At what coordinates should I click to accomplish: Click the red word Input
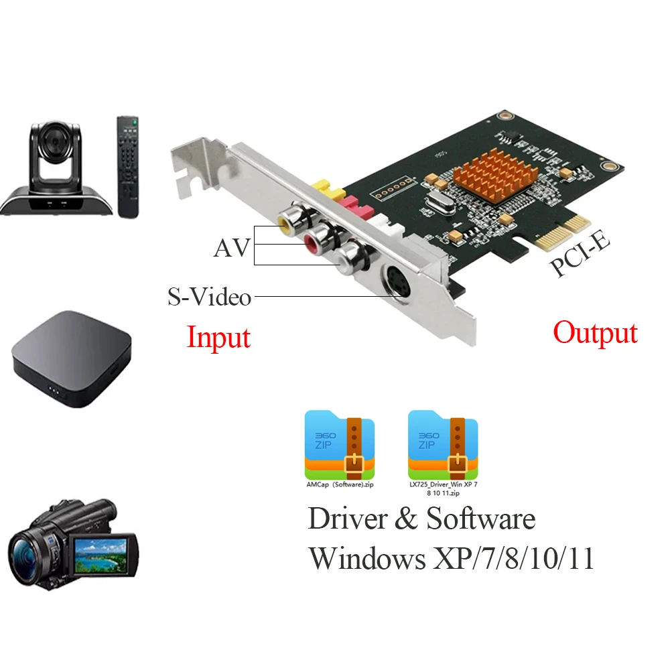pyautogui.click(x=218, y=337)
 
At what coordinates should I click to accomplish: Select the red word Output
pyautogui.click(x=595, y=333)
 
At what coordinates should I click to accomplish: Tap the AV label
pyautogui.click(x=231, y=249)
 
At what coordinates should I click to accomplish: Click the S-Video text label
pyautogui.click(x=209, y=296)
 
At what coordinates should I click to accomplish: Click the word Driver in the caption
pyautogui.click(x=349, y=519)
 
